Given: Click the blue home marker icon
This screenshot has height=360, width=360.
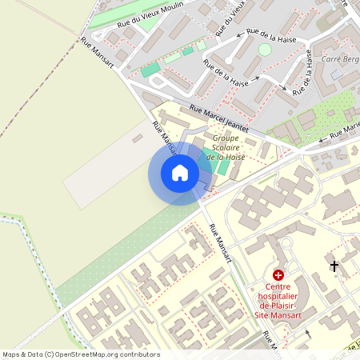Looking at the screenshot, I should pos(180,173).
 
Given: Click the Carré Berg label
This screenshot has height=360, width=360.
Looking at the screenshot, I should pos(338,59).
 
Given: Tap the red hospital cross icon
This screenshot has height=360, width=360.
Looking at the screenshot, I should pos(278,274).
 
